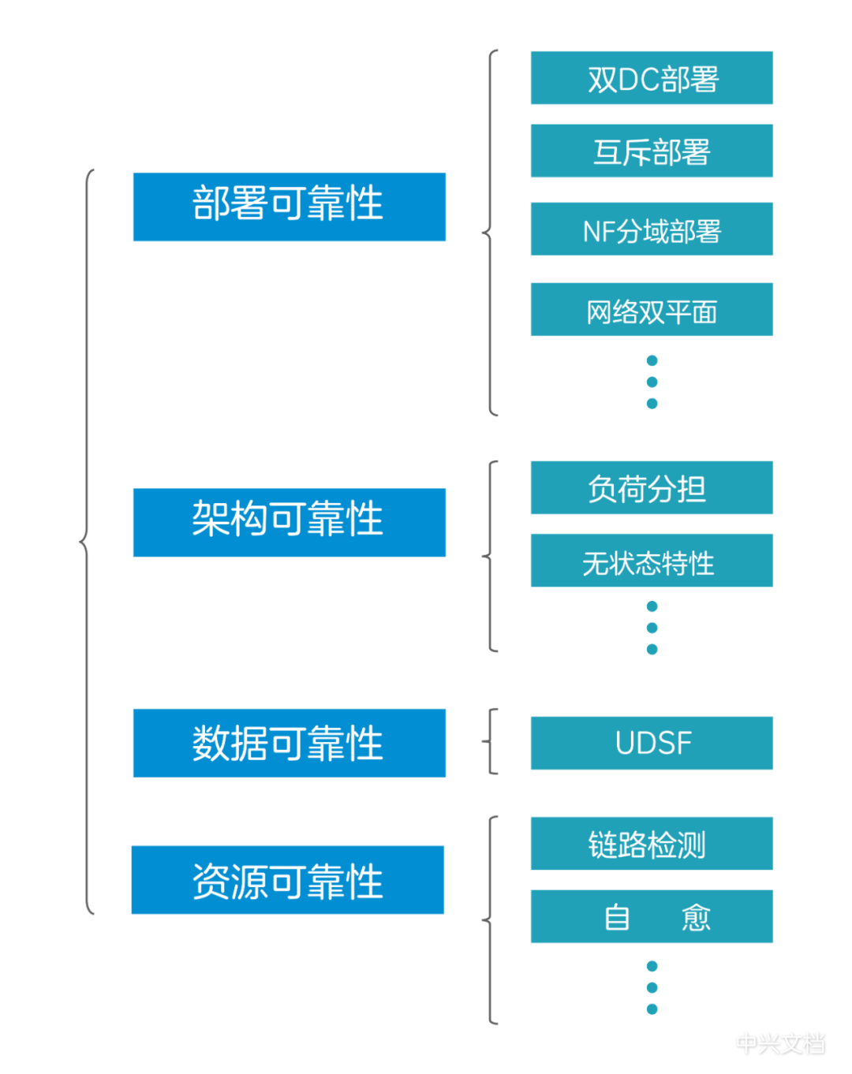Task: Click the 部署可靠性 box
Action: pyautogui.click(x=289, y=207)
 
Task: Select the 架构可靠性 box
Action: pyautogui.click(x=289, y=522)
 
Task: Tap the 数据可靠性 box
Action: pyautogui.click(x=289, y=743)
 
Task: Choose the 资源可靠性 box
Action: pyautogui.click(x=287, y=880)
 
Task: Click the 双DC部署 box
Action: pyautogui.click(x=652, y=78)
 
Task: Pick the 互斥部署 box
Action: pyautogui.click(x=652, y=151)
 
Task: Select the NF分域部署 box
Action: pyautogui.click(x=652, y=229)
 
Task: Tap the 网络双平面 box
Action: pyautogui.click(x=652, y=310)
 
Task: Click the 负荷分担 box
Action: pyautogui.click(x=652, y=488)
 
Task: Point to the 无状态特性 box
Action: pyautogui.click(x=652, y=561)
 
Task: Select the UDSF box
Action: pyautogui.click(x=652, y=743)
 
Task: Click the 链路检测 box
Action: pyautogui.click(x=652, y=844)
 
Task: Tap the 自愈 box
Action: pyautogui.click(x=652, y=916)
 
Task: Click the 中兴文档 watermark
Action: pyautogui.click(x=780, y=1043)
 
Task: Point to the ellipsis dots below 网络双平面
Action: pyautogui.click(x=652, y=382)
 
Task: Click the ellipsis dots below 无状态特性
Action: pyautogui.click(x=652, y=628)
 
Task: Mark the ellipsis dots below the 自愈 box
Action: pyautogui.click(x=652, y=987)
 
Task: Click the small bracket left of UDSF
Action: pyautogui.click(x=491, y=741)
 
